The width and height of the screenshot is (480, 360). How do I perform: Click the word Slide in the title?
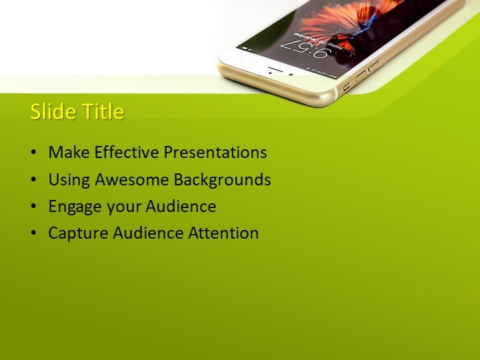[52, 111]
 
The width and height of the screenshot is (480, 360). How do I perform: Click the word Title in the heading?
[101, 111]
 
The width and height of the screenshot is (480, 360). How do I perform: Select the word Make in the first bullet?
[69, 153]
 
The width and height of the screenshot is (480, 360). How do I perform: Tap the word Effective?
[127, 153]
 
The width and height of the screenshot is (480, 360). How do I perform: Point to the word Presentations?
[215, 153]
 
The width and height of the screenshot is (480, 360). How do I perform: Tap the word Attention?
[223, 233]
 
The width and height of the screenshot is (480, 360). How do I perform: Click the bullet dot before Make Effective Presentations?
[34, 153]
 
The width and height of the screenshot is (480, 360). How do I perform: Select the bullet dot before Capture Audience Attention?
[34, 234]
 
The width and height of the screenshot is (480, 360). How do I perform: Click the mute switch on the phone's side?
[347, 86]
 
